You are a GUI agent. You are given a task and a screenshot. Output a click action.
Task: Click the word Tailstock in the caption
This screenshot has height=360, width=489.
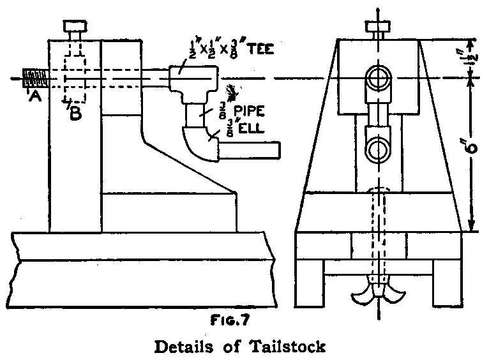coord(290,347)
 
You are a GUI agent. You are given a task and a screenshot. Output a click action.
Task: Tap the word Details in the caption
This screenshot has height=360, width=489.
coord(192,347)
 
